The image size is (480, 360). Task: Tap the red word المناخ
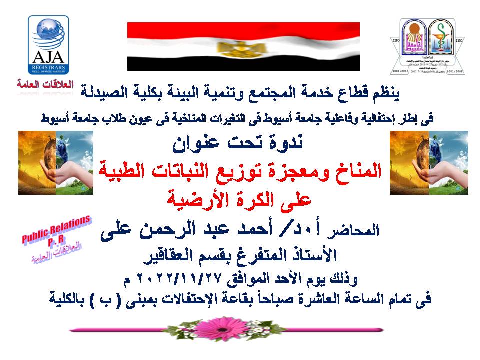coord(355,172)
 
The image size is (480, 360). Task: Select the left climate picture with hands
coord(56,163)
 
